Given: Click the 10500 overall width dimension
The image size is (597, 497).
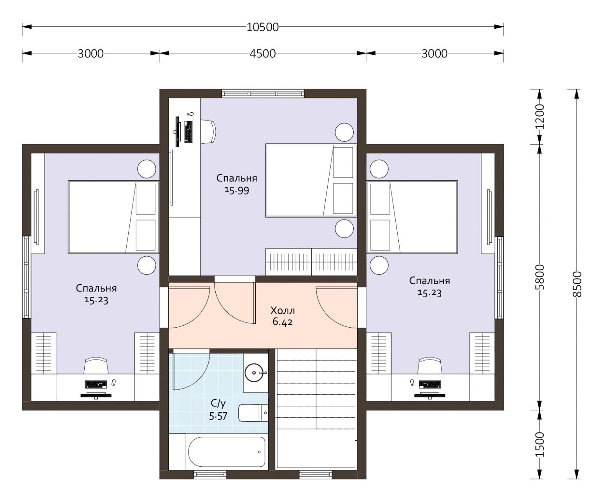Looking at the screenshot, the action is (262, 28).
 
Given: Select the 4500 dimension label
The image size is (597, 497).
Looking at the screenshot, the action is (262, 54).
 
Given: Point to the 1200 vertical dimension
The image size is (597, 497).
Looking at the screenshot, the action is (539, 117).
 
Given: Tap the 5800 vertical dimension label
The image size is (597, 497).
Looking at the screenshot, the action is (539, 277).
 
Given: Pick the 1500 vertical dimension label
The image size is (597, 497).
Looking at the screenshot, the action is (539, 445).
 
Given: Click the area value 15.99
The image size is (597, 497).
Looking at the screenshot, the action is (237, 190).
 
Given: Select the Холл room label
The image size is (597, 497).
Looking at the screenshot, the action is (283, 310).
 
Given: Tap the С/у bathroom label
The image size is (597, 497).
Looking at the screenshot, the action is (218, 403).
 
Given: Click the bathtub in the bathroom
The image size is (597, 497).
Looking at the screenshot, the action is (227, 452).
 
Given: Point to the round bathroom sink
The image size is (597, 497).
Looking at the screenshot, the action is (254, 373).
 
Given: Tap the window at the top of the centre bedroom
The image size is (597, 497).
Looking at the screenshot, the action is (263, 94).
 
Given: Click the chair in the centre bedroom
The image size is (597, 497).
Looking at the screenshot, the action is (208, 132).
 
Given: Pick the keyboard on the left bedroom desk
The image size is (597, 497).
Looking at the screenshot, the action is (96, 384).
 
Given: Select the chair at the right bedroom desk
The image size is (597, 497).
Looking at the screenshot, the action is (430, 365).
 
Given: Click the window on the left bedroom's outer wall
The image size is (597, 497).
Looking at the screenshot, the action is (26, 277).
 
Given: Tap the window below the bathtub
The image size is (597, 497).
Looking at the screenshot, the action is (210, 474).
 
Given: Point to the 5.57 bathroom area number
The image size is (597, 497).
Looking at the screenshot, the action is (218, 416).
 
